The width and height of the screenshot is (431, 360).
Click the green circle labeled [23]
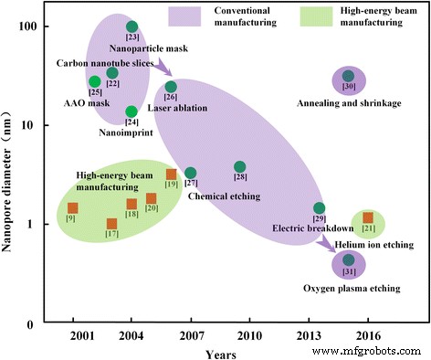point(131,26)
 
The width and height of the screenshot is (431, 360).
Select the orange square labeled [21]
point(368,218)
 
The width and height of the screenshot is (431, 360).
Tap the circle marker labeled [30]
point(348,77)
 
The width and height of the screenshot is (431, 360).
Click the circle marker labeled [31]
point(348,260)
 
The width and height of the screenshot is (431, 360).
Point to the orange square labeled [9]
point(73,208)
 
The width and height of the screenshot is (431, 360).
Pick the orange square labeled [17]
point(111,224)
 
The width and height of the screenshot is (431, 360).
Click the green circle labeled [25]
point(94,81)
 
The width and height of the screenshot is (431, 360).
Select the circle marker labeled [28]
point(240,167)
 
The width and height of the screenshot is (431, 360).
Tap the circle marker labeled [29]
point(319,208)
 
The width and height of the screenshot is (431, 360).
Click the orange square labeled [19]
point(171,175)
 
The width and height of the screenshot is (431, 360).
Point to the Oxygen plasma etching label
point(352,289)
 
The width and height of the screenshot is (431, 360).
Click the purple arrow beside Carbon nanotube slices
point(161,67)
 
